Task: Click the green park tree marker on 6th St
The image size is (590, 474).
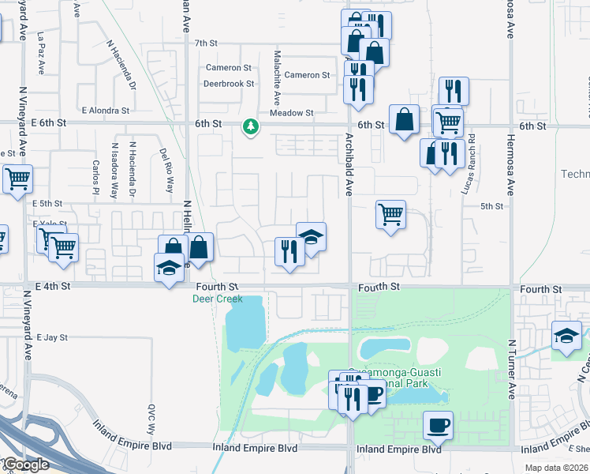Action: click(x=251, y=126)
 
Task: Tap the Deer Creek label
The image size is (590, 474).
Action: click(x=217, y=299)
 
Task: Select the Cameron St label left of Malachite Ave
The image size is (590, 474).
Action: click(x=228, y=68)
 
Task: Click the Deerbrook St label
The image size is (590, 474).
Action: click(x=229, y=83)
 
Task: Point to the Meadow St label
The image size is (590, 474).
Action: click(x=292, y=113)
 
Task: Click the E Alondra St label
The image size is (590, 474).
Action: click(x=105, y=111)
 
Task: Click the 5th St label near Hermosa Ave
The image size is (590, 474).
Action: click(x=491, y=206)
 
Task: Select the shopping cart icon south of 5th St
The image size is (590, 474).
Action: click(x=391, y=213)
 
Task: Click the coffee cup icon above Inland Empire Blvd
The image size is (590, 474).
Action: click(x=439, y=425)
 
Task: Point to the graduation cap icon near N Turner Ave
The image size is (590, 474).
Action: click(x=566, y=336)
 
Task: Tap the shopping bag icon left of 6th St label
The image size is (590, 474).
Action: click(x=404, y=120)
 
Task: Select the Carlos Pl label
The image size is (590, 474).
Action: click(x=95, y=179)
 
